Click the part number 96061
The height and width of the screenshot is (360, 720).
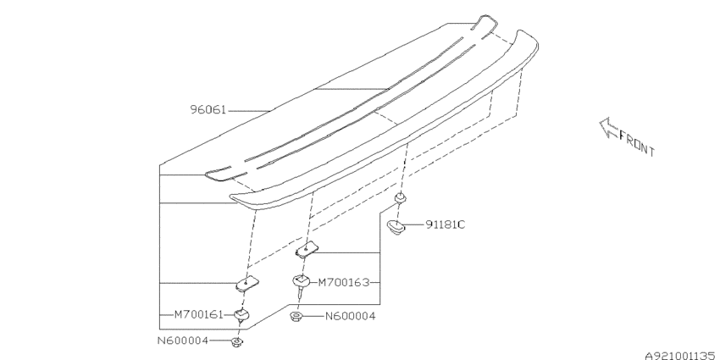208,110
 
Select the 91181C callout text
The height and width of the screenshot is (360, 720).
445,225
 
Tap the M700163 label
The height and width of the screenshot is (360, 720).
343,282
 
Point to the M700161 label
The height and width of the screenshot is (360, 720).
198,315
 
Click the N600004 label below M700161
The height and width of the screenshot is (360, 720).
183,341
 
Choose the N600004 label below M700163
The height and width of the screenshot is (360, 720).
351,317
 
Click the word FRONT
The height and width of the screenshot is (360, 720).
637,143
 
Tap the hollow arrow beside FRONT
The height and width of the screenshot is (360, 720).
609,128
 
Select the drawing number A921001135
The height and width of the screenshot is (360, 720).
680,355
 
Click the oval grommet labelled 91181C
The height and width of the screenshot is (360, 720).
396,226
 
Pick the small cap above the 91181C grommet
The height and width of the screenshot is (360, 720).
401,198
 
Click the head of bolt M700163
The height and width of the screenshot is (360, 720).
301,280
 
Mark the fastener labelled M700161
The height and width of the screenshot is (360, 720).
242,315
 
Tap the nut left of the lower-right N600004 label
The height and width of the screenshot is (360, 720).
296,316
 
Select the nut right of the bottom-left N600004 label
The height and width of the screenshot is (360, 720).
236,341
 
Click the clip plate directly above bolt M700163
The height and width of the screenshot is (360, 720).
307,249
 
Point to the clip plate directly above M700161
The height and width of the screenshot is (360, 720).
247,283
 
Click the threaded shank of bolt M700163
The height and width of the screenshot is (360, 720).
300,291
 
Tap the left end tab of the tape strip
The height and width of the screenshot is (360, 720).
219,174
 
